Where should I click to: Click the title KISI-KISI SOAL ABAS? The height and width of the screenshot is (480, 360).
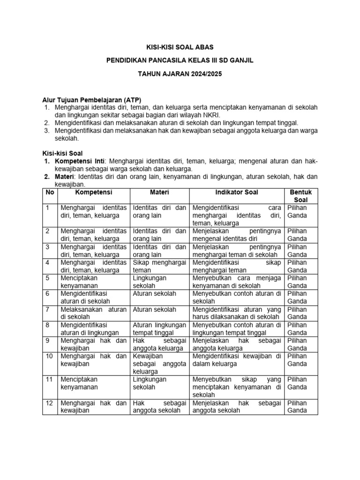(x=180, y=47)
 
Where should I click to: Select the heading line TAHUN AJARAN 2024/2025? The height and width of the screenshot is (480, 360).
(x=180, y=74)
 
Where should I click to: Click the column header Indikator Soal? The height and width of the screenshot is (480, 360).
(x=236, y=192)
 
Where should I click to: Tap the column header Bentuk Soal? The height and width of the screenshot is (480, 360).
(x=300, y=196)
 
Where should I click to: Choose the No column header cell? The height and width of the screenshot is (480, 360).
(x=49, y=192)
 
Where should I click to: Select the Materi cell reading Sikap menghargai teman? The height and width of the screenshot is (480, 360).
(x=159, y=266)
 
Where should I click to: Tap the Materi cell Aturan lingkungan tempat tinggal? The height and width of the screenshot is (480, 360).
(x=159, y=329)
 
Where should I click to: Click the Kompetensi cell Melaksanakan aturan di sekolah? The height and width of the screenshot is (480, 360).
(x=93, y=313)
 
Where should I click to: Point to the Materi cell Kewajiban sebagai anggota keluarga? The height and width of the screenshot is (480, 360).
(x=159, y=364)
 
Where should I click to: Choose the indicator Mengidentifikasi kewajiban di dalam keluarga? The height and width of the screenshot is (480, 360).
(x=236, y=360)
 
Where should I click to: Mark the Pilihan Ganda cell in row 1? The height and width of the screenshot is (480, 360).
(x=300, y=211)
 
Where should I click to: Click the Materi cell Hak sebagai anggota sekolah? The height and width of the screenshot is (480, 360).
(x=159, y=407)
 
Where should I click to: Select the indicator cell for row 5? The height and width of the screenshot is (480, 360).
(x=236, y=282)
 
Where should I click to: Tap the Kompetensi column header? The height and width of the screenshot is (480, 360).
(x=93, y=192)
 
